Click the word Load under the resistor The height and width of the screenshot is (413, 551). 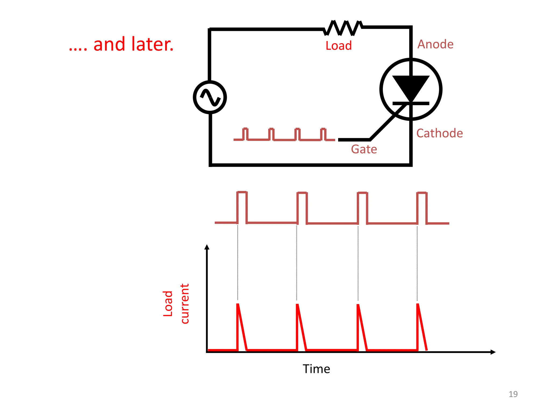(x=338, y=46)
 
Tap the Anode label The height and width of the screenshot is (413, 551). (x=435, y=44)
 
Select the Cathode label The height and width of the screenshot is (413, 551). (x=439, y=133)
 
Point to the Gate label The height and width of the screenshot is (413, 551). (x=364, y=149)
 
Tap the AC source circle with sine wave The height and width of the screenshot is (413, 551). (x=210, y=97)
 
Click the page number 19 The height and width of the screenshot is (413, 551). (x=513, y=394)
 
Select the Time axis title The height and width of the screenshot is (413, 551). (x=316, y=369)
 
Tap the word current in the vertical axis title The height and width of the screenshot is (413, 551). (x=185, y=304)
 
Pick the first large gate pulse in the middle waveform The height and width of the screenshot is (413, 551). (x=242, y=207)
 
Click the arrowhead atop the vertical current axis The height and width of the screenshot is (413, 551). (x=207, y=247)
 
